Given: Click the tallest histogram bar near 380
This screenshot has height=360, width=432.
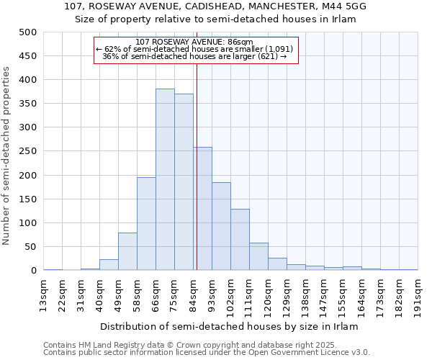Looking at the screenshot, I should (165, 179).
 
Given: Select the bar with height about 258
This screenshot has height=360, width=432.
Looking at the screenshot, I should (202, 209).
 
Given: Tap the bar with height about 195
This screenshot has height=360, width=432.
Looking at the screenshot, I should (146, 224).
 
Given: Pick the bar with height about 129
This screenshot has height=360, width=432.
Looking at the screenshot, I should (240, 240).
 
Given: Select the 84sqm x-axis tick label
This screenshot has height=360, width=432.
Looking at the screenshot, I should (194, 295).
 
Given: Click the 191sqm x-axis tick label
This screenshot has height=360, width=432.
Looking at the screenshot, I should (418, 295).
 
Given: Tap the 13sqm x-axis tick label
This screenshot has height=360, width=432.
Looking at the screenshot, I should (44, 295).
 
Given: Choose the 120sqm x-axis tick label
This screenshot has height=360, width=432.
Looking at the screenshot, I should (269, 295).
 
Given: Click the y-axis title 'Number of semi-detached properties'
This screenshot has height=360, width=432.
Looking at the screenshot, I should (7, 156).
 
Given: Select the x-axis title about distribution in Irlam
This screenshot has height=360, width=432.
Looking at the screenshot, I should (229, 326).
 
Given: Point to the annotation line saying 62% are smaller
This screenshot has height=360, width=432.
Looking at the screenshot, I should (194, 49).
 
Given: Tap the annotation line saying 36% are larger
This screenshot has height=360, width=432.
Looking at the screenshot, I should (194, 56).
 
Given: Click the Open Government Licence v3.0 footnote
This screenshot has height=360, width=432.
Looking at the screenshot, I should (207, 353).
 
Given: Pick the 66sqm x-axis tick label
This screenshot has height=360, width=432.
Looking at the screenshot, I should (156, 295).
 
